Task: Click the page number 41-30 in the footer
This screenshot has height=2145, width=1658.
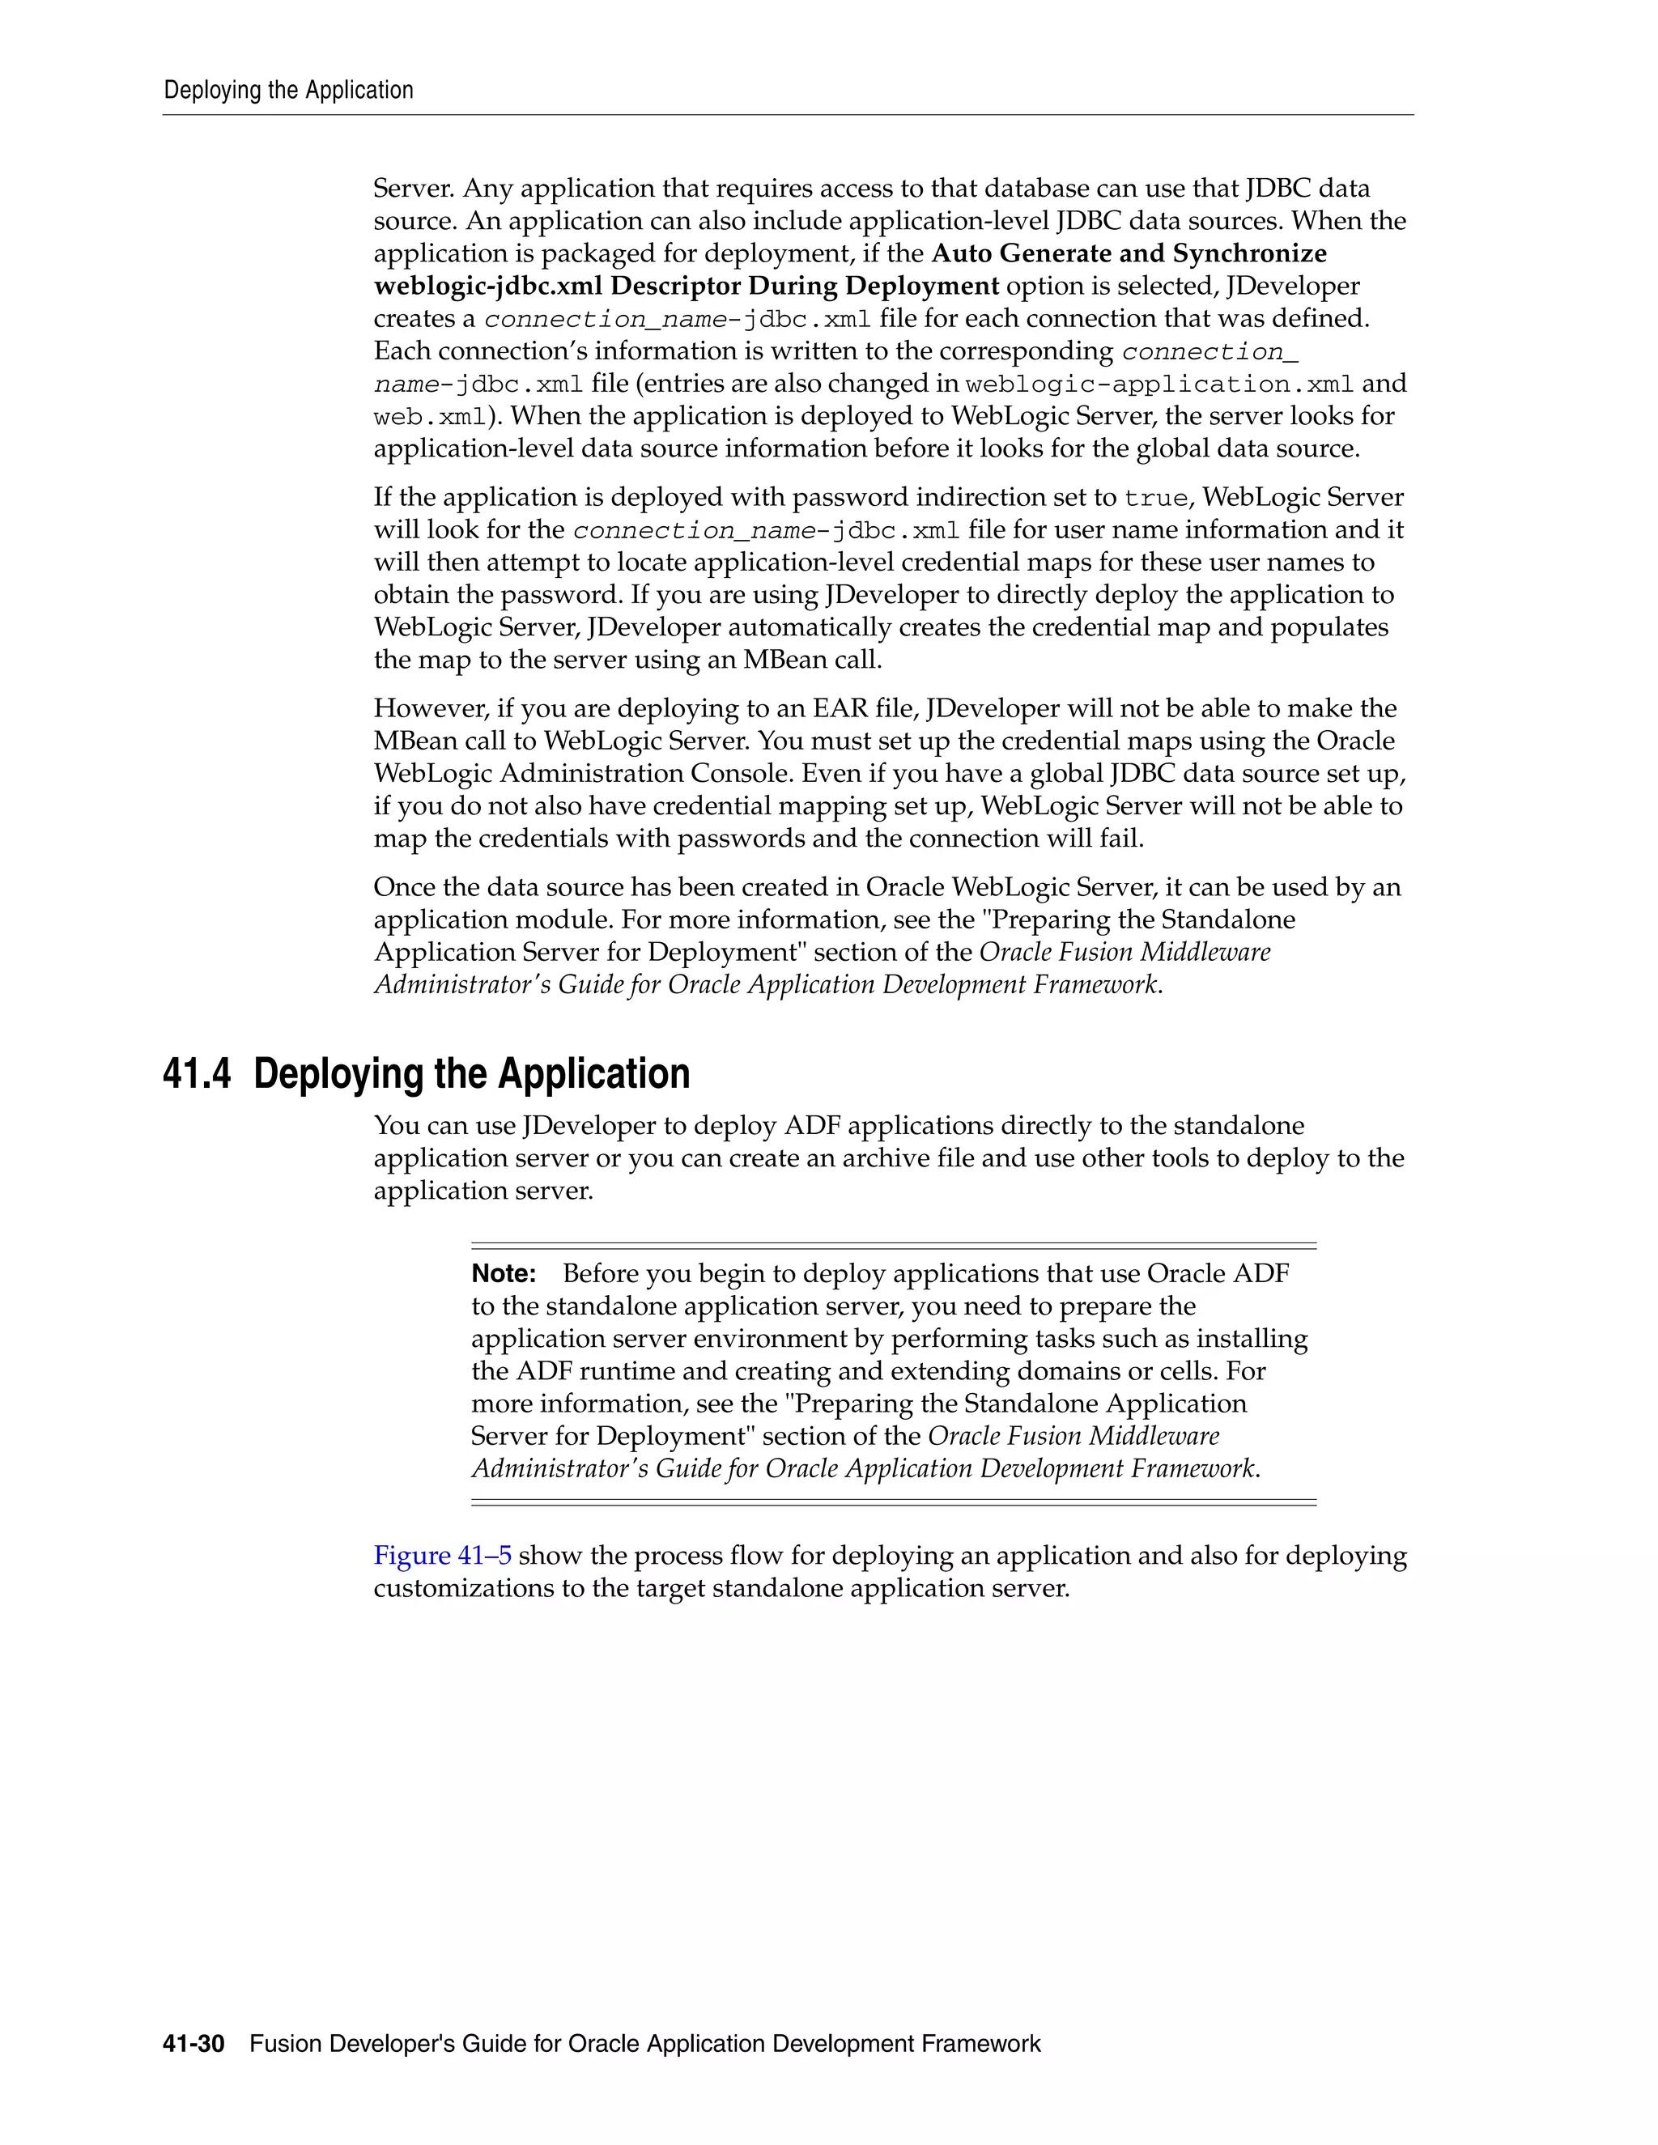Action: point(193,2044)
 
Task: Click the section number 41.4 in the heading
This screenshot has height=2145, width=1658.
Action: point(197,1073)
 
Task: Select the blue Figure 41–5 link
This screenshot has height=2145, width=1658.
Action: point(442,1556)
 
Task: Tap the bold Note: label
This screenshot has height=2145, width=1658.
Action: point(503,1274)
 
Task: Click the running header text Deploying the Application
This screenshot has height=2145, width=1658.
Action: point(287,91)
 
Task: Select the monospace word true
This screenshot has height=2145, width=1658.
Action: point(1155,498)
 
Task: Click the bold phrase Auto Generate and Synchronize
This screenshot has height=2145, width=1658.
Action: point(1129,253)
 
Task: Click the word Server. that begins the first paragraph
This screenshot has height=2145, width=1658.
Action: point(413,189)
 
